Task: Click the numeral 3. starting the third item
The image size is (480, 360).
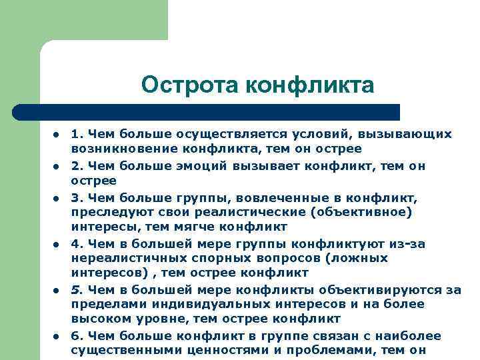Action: pos(78,198)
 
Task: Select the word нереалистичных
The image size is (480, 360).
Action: pos(121,258)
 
